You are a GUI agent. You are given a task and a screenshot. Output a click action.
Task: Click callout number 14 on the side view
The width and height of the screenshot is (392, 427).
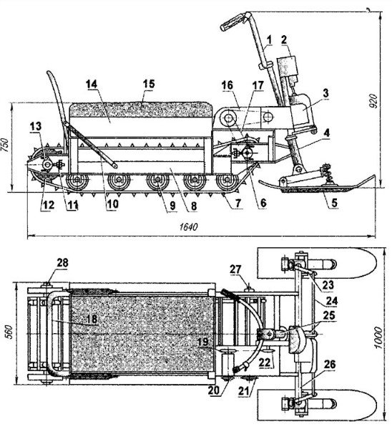(92, 84)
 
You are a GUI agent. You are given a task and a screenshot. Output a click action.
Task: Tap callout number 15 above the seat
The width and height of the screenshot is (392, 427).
(149, 83)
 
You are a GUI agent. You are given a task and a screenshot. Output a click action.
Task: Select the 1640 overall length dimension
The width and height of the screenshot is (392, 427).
(189, 226)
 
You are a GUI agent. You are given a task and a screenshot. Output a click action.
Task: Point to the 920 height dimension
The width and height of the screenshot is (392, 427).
(374, 101)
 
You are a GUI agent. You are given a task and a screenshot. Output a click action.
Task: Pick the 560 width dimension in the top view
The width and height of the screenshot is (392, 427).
(9, 332)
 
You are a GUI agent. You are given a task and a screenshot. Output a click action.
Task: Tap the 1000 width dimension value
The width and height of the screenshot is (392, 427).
(378, 337)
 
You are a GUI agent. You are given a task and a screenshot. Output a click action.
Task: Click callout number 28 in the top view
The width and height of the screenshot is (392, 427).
(62, 262)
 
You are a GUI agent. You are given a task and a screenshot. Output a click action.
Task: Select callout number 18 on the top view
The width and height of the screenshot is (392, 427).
(92, 319)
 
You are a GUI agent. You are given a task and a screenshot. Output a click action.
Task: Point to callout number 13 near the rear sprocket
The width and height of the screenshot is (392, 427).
(36, 126)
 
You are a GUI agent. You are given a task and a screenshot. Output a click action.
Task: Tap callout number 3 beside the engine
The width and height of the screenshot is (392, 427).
(325, 93)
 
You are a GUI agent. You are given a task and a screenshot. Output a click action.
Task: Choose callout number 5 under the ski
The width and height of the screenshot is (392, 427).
(334, 203)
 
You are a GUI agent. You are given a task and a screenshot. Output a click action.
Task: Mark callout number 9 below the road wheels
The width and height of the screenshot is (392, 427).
(172, 206)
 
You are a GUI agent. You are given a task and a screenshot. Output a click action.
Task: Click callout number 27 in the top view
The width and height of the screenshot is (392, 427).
(235, 269)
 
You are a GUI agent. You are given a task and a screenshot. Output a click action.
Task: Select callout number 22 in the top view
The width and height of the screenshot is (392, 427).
(265, 363)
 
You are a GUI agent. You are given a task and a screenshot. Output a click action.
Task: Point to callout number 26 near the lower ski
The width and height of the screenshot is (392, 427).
(330, 365)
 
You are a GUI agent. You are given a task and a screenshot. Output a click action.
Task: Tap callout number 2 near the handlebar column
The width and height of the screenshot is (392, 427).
(284, 39)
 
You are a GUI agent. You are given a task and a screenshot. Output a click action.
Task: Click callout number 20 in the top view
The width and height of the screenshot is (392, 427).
(213, 390)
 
